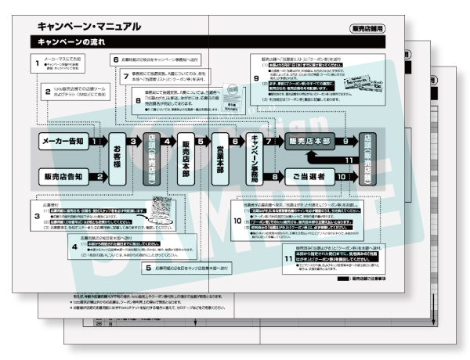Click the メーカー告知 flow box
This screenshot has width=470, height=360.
pos(62,141)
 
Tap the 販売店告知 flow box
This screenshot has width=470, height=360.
pos(62,176)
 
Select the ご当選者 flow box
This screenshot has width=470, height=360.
pos(311,177)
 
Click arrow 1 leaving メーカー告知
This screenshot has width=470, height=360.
pos(96,142)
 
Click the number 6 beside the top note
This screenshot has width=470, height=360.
pos(115,59)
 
